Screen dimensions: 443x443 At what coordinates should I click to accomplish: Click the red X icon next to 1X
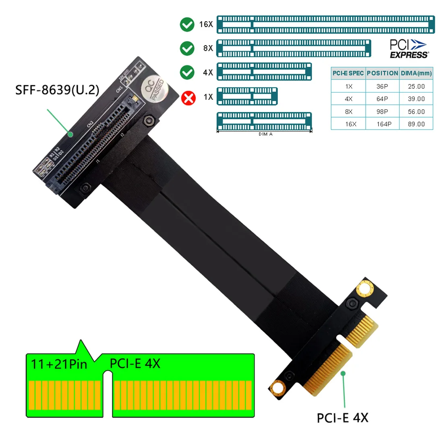[188, 98]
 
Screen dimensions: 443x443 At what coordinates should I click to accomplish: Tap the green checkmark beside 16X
[187, 25]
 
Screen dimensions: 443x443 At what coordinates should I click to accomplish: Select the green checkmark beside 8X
[187, 48]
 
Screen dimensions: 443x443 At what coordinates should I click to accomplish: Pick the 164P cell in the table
[384, 124]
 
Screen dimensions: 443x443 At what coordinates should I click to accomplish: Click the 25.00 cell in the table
[416, 87]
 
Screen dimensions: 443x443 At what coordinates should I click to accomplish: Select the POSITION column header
[382, 73]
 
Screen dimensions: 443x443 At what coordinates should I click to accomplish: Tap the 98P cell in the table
[382, 112]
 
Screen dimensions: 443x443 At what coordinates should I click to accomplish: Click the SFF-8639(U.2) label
[57, 90]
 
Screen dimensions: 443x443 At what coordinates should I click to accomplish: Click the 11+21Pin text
[59, 364]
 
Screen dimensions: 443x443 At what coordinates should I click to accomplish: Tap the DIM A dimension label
[265, 134]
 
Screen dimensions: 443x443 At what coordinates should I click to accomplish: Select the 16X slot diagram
[326, 25]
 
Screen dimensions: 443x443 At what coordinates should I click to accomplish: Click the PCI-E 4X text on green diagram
[135, 364]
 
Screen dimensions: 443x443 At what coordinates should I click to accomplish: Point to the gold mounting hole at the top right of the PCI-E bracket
[365, 289]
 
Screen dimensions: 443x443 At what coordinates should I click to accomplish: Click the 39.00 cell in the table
[416, 99]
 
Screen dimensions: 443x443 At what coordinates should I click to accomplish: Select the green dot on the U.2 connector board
[70, 134]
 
